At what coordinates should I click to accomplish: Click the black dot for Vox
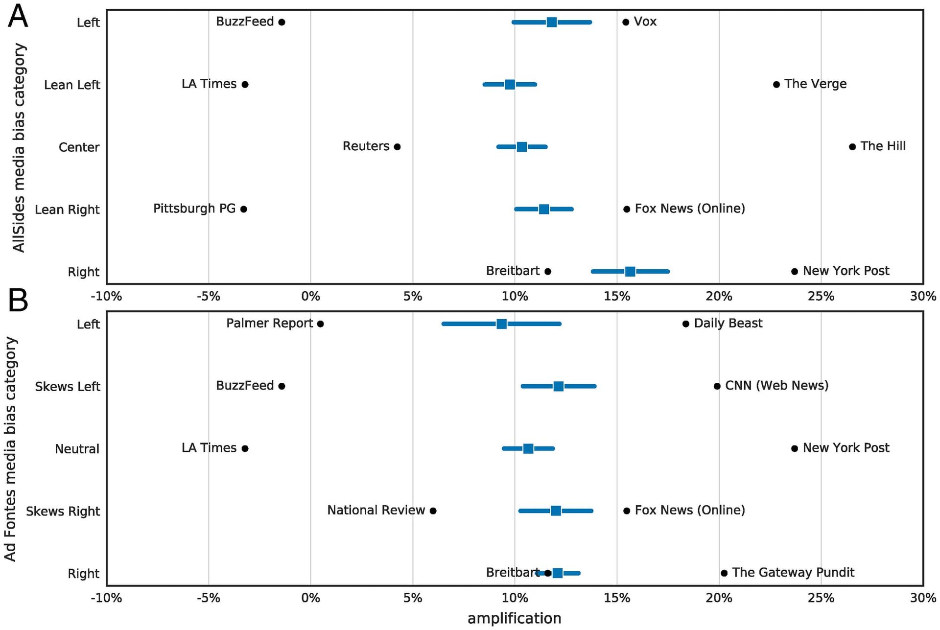625,22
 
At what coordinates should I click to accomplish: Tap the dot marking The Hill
852,147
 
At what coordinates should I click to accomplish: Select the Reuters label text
366,146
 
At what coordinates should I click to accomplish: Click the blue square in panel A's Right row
630,272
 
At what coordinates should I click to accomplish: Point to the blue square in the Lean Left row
510,85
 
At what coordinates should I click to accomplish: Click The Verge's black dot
776,85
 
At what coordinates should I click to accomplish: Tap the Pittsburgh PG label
194,209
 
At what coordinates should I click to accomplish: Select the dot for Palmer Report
320,324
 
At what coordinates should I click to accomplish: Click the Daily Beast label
728,323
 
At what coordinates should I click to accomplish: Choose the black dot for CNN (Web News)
717,386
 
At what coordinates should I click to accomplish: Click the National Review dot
433,511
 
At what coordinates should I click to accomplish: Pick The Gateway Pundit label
793,572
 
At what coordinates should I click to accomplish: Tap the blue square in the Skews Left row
558,386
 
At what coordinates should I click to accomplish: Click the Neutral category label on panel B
77,449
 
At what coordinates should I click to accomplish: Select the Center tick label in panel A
79,147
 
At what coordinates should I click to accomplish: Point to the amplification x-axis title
514,618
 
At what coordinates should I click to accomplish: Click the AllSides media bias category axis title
19,147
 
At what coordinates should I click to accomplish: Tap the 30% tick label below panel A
923,296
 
